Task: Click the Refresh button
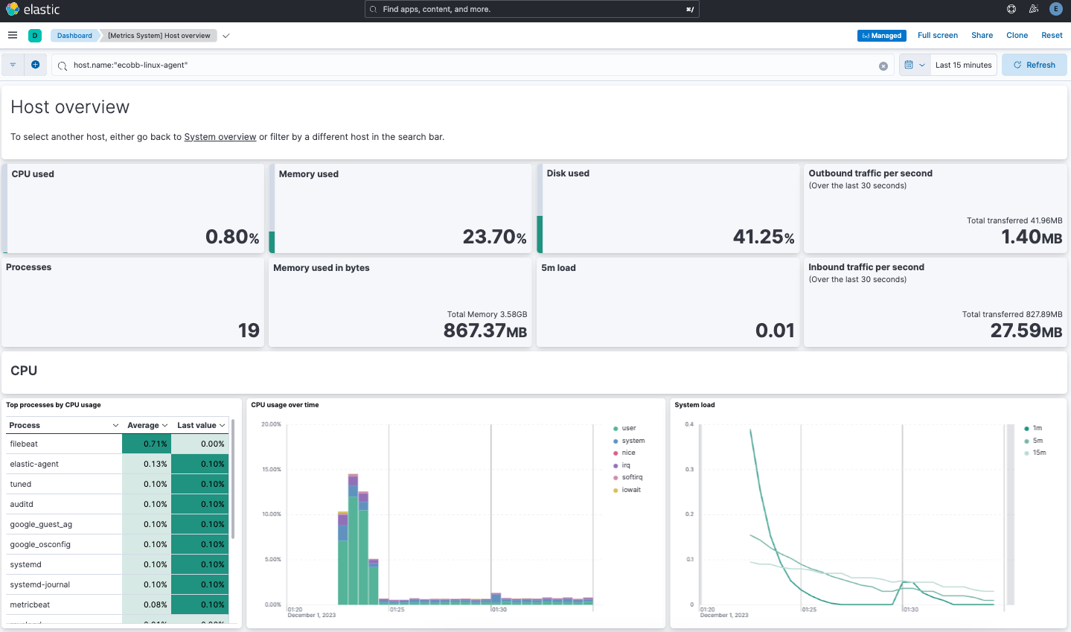[x=1034, y=65]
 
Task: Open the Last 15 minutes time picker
[x=962, y=65]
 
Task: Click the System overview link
[x=220, y=137]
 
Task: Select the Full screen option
[x=937, y=35]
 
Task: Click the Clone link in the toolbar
[x=1017, y=35]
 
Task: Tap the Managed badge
[x=881, y=36]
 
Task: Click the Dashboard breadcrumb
[x=74, y=36]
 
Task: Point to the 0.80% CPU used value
[x=232, y=237]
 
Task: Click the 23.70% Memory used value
[x=494, y=237]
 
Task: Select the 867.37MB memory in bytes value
[x=485, y=331]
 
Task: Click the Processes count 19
[x=249, y=331]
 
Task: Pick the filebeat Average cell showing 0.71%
[x=147, y=444]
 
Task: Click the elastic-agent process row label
[x=34, y=464]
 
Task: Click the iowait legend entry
[x=630, y=490]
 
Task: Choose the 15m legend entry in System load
[x=1039, y=453]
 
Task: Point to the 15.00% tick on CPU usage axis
[x=271, y=470]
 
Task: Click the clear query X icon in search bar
[x=883, y=66]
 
